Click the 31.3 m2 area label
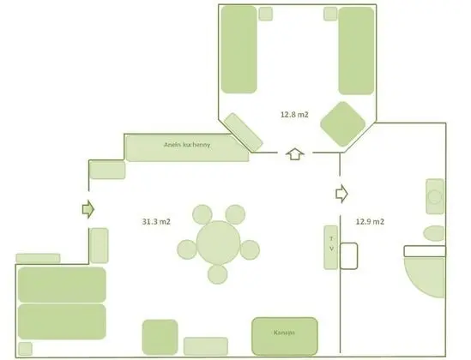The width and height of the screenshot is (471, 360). coord(156,222)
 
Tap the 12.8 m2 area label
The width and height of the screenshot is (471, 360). coord(293,112)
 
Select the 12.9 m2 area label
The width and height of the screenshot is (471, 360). coord(371,222)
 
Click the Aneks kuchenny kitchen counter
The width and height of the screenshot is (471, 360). coord(187,147)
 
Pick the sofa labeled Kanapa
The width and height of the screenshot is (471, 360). coord(284,333)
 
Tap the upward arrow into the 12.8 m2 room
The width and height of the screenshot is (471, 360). coord(294,154)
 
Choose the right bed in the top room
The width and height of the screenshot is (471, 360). coord(356,51)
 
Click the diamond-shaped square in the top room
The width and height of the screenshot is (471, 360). coord(343,125)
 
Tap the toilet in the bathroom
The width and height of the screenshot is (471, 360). coord(435,233)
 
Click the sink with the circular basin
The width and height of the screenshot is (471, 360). coord(435,196)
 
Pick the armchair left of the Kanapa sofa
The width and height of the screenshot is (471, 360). coord(160,336)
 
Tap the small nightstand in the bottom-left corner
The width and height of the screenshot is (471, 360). coord(25,349)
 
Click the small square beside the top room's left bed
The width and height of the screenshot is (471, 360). coord(265,14)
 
